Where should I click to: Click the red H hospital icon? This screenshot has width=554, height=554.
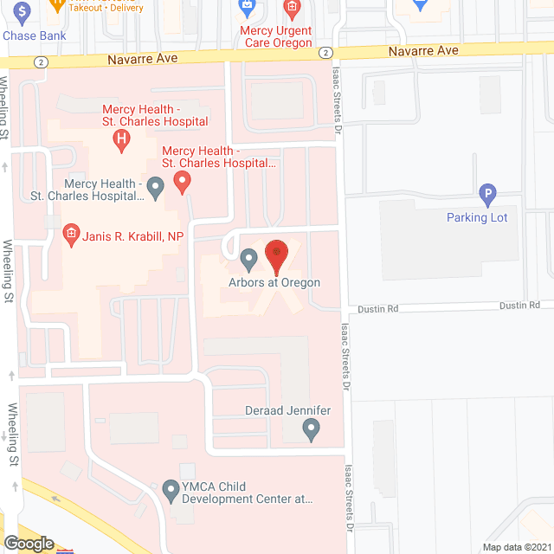click(124, 137)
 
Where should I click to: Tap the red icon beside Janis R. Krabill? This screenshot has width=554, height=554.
click(70, 234)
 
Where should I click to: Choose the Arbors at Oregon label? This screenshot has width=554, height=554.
click(275, 282)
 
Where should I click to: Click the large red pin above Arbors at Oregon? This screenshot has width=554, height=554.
click(276, 255)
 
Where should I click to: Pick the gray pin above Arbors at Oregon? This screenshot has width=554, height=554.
click(249, 258)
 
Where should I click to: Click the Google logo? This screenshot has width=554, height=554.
click(28, 544)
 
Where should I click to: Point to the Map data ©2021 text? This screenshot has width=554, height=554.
click(515, 547)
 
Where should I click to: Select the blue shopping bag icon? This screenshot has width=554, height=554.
click(248, 9)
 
